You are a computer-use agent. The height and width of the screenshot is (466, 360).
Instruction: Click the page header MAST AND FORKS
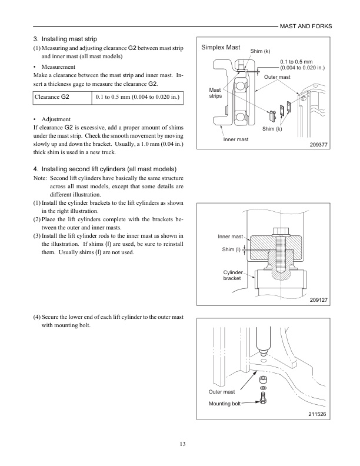[305, 26]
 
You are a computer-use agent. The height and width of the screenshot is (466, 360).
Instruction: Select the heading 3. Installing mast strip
[65, 39]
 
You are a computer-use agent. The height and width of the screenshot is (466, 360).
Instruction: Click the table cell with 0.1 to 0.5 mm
[138, 96]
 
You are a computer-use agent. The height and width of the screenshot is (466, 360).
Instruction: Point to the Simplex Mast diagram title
[221, 47]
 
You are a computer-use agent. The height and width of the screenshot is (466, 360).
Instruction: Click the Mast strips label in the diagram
[215, 93]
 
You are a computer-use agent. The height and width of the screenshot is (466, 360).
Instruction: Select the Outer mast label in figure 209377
[277, 77]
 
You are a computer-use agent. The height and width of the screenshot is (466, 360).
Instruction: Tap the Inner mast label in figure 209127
[230, 237]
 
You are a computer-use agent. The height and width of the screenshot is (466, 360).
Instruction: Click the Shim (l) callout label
[231, 249]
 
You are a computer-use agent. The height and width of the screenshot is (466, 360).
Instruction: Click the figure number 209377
[318, 145]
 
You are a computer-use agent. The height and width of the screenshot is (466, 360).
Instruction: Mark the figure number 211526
[318, 414]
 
